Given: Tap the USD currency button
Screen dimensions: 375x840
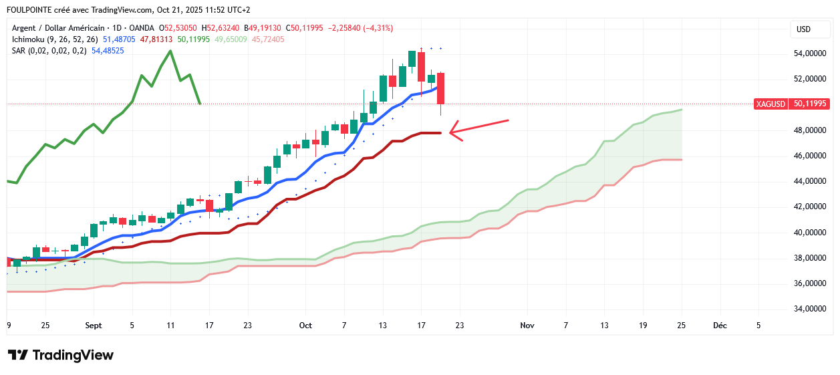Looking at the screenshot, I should pos(803,29).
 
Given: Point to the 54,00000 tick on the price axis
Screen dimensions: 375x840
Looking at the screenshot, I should pos(809,53).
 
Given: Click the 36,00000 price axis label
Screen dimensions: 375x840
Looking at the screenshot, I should pos(809,283).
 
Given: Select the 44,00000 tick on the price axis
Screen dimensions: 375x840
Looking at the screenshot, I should pos(809,181).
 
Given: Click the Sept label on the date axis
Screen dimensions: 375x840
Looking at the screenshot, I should pos(94,326).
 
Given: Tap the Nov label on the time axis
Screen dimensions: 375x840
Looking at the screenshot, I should pos(527,326).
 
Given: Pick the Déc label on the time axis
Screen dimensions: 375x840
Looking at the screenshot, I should pos(720,326).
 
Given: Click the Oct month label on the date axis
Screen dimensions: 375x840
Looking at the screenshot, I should pos(305,326).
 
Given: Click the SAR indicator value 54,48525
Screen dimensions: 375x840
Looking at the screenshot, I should pos(108,51).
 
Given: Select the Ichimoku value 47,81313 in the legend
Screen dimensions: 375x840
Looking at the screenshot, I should pos(157,39).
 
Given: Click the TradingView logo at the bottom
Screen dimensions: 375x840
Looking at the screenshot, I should pos(61,355).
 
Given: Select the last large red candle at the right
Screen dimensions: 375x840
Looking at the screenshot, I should pos(441,88).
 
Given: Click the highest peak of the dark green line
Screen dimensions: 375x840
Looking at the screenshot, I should pos(170,51).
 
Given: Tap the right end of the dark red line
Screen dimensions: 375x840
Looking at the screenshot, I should pos(440,133).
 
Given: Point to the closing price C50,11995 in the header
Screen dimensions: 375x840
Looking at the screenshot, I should pos(304,28).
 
